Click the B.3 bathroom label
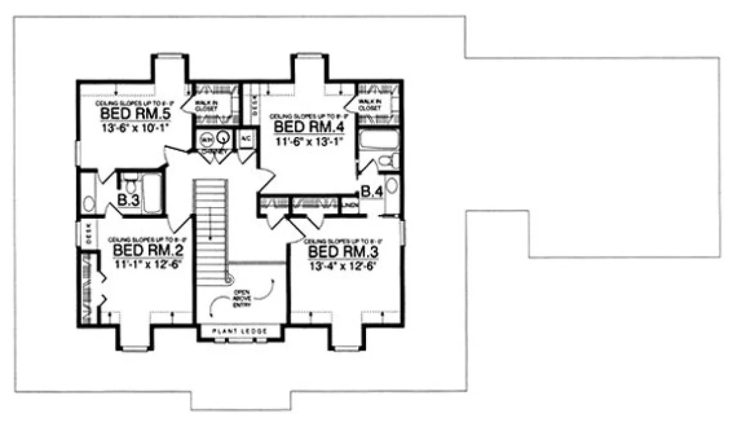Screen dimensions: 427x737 point(129,200)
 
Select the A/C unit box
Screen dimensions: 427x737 point(245,139)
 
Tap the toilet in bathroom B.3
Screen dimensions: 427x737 point(131,185)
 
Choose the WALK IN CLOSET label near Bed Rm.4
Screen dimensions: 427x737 point(369,105)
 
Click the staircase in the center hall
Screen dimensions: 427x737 point(211,225)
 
